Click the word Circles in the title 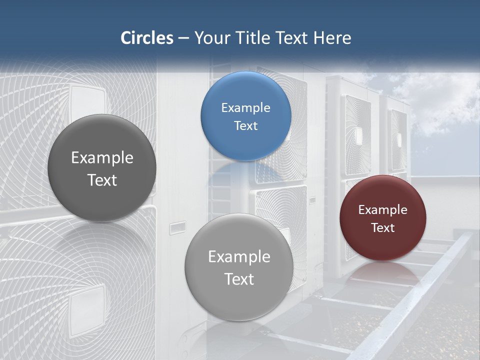pos(146,38)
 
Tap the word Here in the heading pos(332,38)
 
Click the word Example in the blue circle pos(245,108)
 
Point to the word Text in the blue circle pos(245,126)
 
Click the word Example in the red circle pos(382,210)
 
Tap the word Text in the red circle pos(382,228)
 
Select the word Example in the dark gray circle pos(102,158)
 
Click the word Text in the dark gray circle pos(102,180)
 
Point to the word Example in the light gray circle pos(239,257)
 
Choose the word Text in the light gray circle pos(239,279)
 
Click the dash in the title pos(183,38)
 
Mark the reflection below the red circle pos(382,272)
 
